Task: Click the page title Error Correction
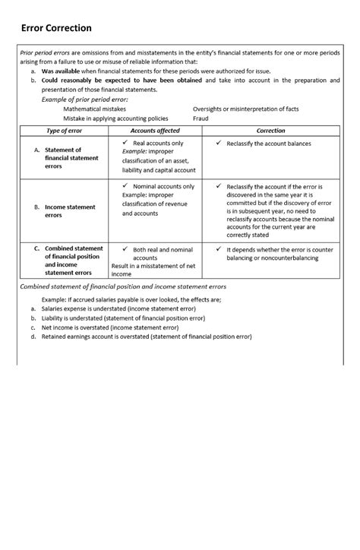click(x=56, y=28)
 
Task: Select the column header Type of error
click(x=64, y=131)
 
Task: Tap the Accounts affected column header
click(x=156, y=131)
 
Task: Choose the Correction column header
click(x=270, y=131)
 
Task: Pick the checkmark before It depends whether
click(x=219, y=248)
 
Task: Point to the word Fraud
click(x=201, y=118)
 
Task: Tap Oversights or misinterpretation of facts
click(x=247, y=109)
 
